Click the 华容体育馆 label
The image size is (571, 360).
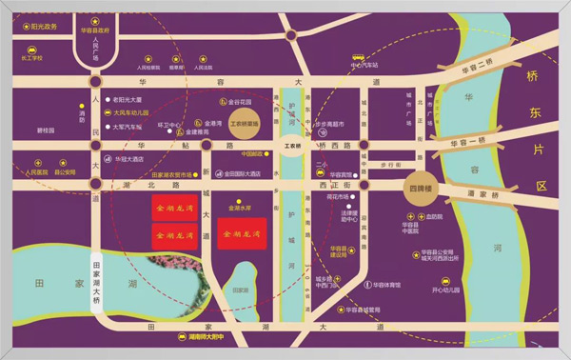[x=386, y=285]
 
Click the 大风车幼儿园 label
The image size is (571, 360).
[x=132, y=111]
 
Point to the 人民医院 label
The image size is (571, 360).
[x=32, y=173]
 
